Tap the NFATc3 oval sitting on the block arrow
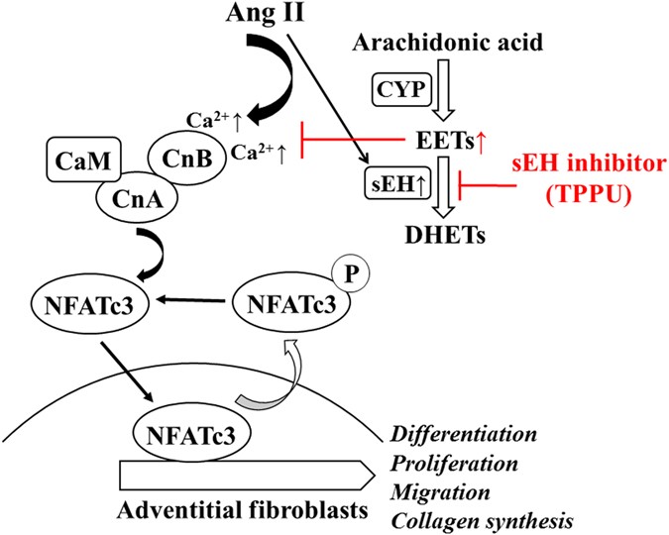184,432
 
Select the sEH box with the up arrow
399,183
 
